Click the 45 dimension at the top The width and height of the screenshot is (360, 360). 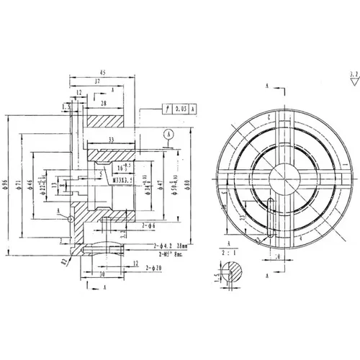pyautogui.click(x=103, y=73)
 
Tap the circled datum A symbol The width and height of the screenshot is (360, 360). pyautogui.click(x=168, y=133)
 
